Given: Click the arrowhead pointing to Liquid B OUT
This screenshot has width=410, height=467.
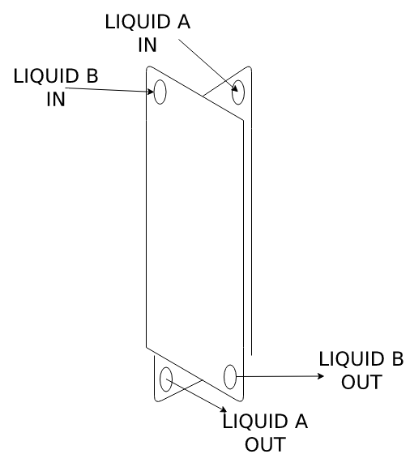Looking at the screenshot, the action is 321,376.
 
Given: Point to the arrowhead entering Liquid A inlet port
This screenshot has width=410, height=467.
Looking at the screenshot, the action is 235,88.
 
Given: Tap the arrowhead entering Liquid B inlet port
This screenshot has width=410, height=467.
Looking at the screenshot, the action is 151,92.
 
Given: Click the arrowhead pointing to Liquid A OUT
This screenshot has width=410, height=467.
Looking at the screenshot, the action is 224,409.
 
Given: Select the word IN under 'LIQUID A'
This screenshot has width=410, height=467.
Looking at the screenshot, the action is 147,45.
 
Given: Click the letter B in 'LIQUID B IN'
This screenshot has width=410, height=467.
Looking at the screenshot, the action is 92,75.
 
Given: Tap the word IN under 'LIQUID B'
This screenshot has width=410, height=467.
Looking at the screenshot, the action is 56,99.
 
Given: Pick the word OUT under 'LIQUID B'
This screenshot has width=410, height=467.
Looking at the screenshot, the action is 361,382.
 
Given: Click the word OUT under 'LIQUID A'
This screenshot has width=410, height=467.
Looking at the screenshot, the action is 265,444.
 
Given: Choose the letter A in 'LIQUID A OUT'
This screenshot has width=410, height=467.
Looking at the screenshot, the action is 301,422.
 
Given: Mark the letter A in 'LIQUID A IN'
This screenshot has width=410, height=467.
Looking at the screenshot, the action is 183,22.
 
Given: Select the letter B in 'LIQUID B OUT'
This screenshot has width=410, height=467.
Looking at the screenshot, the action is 398,358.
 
